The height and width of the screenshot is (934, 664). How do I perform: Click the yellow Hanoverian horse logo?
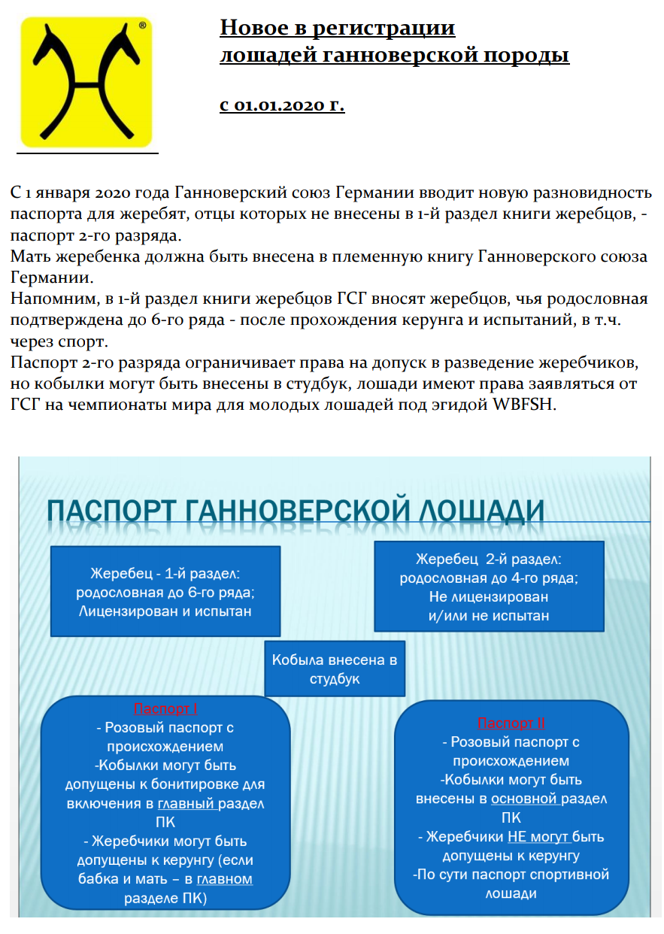pyautogui.click(x=86, y=82)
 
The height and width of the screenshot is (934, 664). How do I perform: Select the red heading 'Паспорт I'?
pyautogui.click(x=165, y=708)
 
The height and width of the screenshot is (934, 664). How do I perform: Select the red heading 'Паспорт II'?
pyautogui.click(x=511, y=723)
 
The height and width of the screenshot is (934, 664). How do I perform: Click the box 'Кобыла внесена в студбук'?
pyautogui.click(x=335, y=669)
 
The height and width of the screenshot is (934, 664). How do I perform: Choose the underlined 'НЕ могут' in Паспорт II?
pyautogui.click(x=539, y=836)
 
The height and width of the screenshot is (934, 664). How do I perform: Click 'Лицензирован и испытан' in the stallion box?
pyautogui.click(x=165, y=611)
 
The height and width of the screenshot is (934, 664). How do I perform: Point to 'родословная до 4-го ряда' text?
pyautogui.click(x=489, y=578)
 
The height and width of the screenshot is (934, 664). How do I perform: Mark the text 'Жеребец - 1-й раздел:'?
pyautogui.click(x=165, y=573)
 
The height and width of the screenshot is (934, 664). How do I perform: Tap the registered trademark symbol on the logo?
pyautogui.click(x=143, y=26)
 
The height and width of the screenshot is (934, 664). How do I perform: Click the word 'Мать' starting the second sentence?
pyautogui.click(x=28, y=256)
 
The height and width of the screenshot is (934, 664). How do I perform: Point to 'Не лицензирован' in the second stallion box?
pyautogui.click(x=489, y=597)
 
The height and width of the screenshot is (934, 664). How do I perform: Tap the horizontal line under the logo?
pyautogui.click(x=87, y=153)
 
